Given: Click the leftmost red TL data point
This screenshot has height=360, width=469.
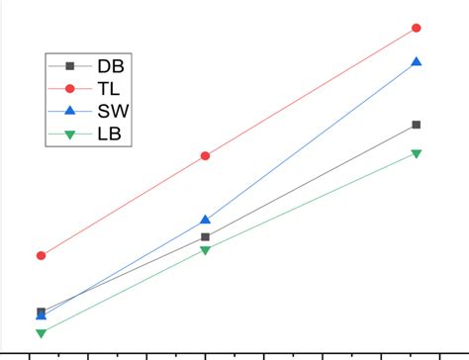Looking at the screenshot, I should tap(41, 255).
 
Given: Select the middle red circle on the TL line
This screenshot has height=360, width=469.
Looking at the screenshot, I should tap(205, 155).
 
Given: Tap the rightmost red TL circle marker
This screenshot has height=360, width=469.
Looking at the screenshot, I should tap(417, 28).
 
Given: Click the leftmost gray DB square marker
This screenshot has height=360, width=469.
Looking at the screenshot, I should tap(41, 312).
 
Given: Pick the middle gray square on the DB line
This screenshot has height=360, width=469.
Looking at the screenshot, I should tap(205, 237).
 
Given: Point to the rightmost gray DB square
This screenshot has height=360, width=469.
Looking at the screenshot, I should tap(417, 125).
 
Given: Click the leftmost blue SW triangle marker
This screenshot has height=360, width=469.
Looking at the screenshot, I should tap(41, 315).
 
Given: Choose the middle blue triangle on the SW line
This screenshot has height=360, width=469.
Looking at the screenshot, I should tap(205, 220).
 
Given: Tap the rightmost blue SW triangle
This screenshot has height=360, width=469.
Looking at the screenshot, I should tap(417, 61).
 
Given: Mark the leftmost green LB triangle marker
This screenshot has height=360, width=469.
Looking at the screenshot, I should tap(41, 333).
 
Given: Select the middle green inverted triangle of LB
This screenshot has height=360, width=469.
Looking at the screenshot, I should tap(205, 250).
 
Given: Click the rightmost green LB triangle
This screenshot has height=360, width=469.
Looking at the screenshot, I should tap(417, 153).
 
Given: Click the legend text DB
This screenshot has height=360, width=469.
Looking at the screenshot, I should tap(110, 66).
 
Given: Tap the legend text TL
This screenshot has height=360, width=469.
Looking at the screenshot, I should tap(109, 88).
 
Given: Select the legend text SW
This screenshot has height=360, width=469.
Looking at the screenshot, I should tap(112, 111).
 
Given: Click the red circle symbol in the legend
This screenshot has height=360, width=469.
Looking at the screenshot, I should tap(69, 88).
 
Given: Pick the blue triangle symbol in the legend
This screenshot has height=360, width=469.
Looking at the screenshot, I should tap(69, 110).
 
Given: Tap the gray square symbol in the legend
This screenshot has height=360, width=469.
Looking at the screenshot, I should tap(69, 66).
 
